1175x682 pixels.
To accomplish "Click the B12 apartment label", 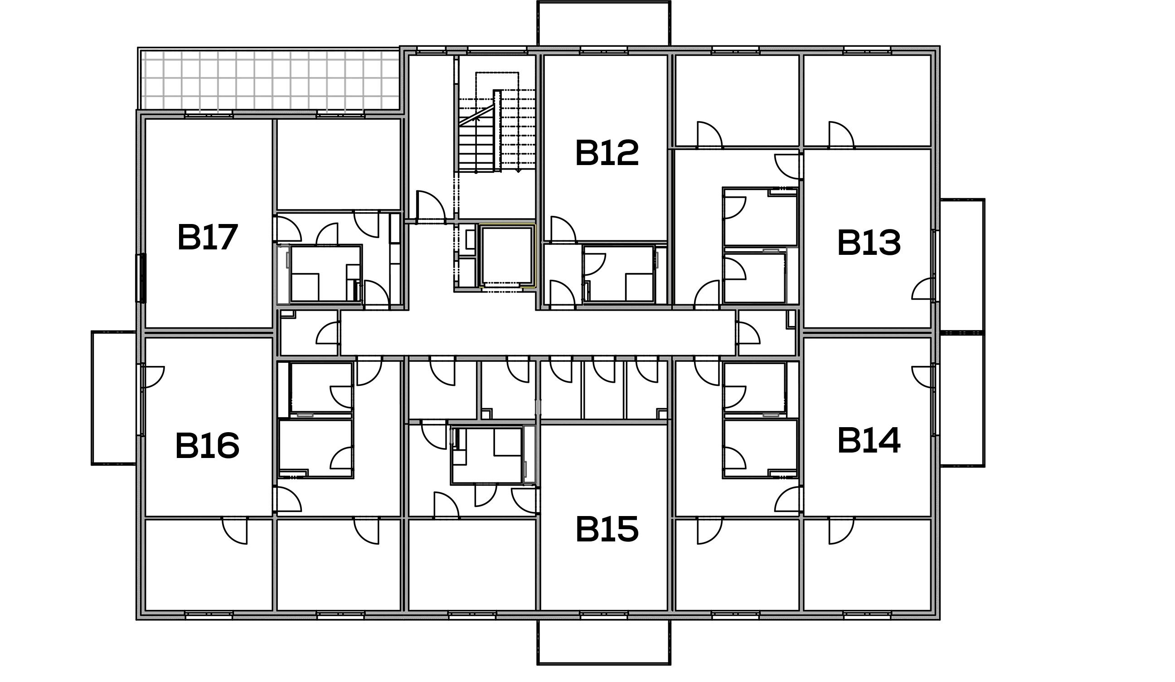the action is pyautogui.click(x=607, y=152).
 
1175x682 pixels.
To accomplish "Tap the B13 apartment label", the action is pyautogui.click(x=869, y=243).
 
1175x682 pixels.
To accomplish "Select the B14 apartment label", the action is pyautogui.click(x=869, y=441).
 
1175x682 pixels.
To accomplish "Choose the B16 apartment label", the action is pyautogui.click(x=208, y=445).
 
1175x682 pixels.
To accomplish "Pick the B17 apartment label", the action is pyautogui.click(x=208, y=238).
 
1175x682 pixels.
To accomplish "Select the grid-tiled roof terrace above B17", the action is pyautogui.click(x=270, y=79).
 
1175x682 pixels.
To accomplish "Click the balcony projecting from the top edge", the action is pyautogui.click(x=604, y=23).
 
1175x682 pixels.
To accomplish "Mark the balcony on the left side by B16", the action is pyautogui.click(x=114, y=398).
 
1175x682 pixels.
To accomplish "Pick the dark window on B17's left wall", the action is pyautogui.click(x=141, y=278).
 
